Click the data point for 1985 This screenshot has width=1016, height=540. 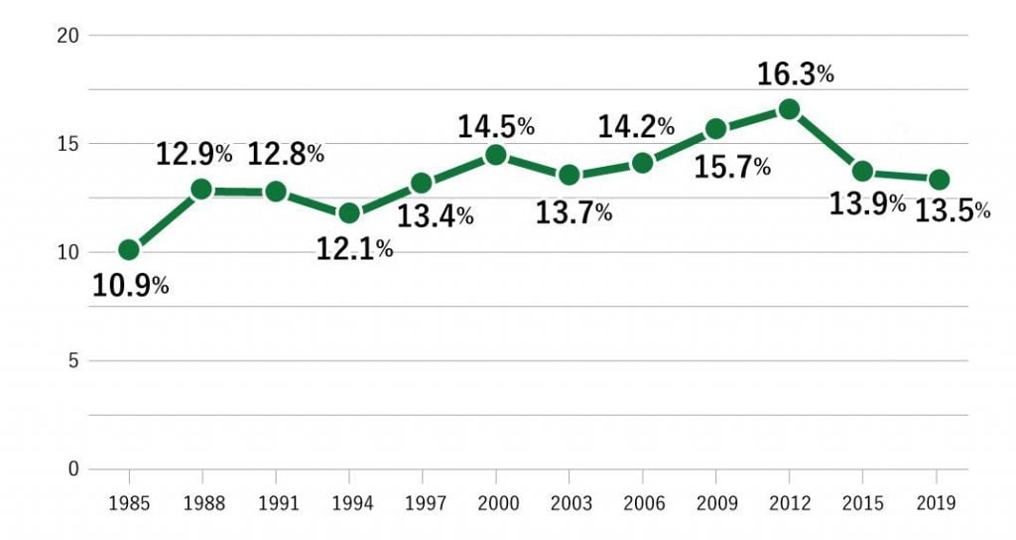[129, 249]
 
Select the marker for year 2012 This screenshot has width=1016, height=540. [789, 109]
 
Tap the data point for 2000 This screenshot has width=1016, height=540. [495, 155]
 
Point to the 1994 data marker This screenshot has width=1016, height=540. [349, 212]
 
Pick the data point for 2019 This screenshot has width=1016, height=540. [938, 180]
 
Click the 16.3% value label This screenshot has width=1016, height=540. [795, 74]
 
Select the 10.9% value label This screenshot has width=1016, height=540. [131, 286]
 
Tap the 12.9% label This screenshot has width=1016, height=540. [194, 154]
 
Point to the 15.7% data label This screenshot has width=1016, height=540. [732, 167]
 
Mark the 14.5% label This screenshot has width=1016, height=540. [496, 127]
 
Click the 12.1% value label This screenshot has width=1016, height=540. [354, 248]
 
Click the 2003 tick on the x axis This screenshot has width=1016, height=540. [569, 503]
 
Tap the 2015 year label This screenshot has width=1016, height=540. [862, 503]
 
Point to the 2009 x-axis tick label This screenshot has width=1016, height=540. [715, 503]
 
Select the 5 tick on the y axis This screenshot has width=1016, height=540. [74, 360]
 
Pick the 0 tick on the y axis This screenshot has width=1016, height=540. [74, 469]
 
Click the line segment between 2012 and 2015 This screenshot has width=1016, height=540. [825, 140]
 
